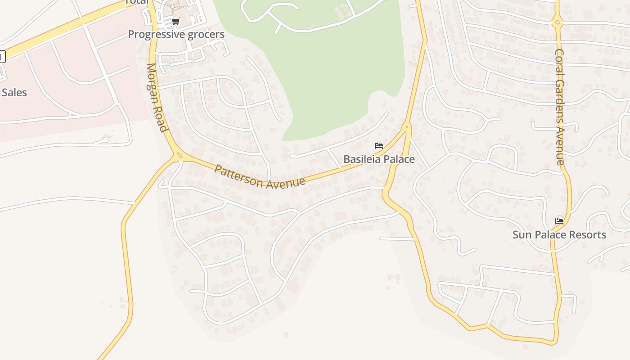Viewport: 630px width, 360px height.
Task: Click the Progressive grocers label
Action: click(x=176, y=34)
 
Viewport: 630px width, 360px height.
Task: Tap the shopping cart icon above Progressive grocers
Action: click(x=176, y=21)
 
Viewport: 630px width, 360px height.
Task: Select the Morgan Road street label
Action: click(x=157, y=97)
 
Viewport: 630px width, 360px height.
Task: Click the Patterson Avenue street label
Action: click(x=260, y=177)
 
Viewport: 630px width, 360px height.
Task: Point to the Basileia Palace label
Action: click(x=379, y=159)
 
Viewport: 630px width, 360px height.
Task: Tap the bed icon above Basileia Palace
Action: click(x=379, y=146)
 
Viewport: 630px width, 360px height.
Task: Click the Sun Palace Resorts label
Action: click(x=559, y=234)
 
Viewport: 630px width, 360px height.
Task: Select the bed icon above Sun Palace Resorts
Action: click(x=559, y=221)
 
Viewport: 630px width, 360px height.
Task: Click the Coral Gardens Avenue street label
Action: click(x=559, y=107)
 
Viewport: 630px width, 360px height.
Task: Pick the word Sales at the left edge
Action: click(x=14, y=93)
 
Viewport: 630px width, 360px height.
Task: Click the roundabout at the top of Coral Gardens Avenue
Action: click(x=557, y=22)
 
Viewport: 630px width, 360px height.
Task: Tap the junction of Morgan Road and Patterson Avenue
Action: click(x=179, y=156)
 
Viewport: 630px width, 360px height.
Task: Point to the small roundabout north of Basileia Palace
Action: click(x=406, y=127)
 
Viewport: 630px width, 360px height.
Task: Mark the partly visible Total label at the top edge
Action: click(x=136, y=2)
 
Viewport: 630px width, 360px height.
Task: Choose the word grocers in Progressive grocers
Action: click(x=206, y=34)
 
